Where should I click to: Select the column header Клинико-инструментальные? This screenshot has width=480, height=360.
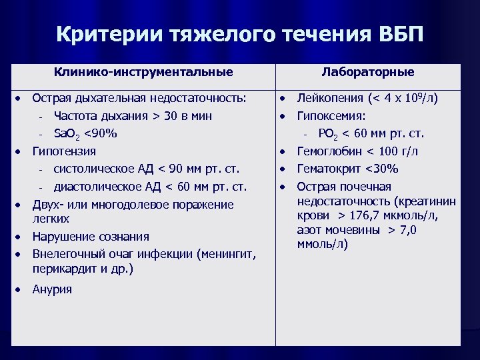point(144,72)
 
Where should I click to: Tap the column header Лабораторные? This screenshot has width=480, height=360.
point(367,72)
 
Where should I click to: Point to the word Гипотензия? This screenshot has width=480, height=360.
point(64,151)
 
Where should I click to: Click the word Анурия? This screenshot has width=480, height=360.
point(52,289)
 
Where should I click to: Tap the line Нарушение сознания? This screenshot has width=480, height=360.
point(91,237)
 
